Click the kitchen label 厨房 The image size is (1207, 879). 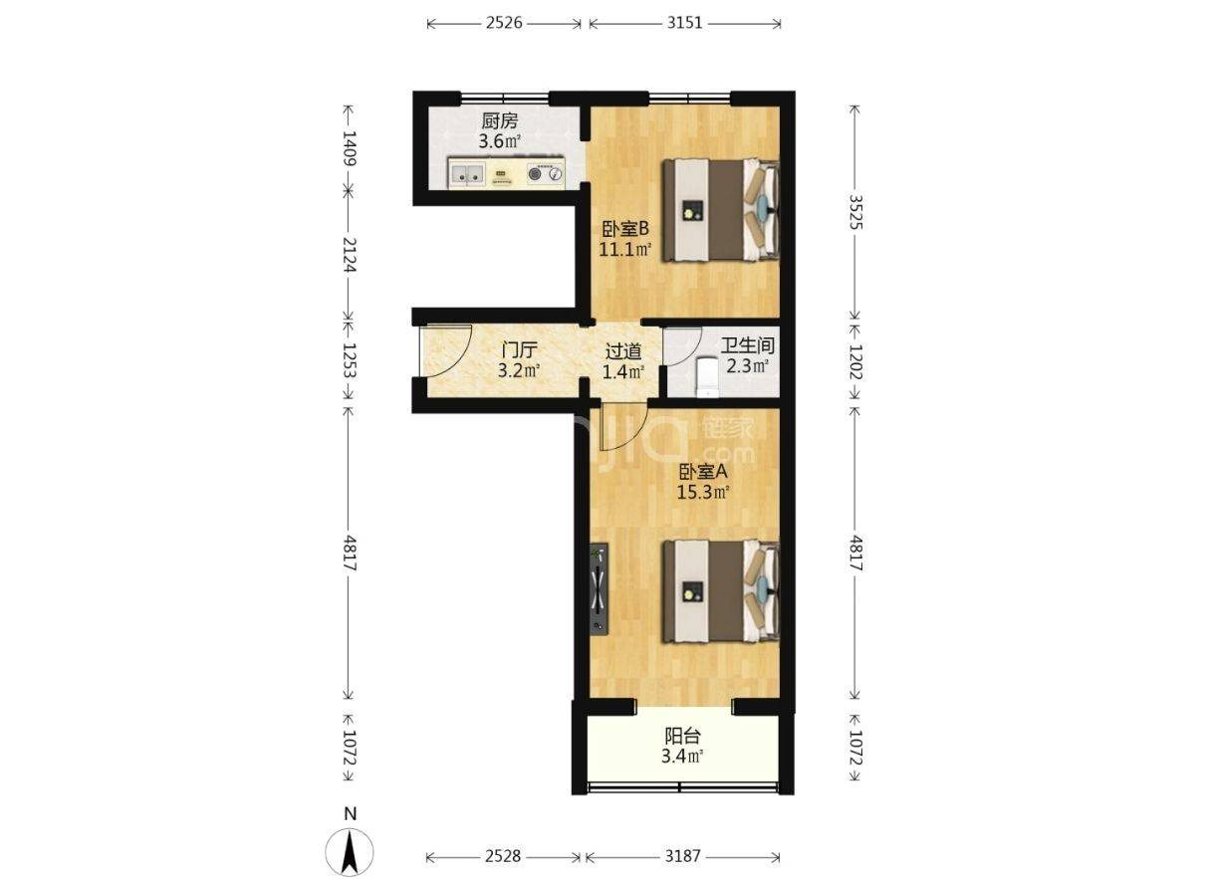[500, 120]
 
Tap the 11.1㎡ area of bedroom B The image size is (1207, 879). [625, 250]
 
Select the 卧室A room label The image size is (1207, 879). [703, 473]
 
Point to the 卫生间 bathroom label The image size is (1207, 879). [747, 345]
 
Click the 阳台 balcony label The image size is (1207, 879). [682, 736]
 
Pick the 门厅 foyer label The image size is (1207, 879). [519, 350]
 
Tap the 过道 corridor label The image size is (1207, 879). [623, 351]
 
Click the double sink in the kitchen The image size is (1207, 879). [91, 174]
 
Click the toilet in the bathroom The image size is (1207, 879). [706, 376]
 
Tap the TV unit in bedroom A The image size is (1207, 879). [599, 589]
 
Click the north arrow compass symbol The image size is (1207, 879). [350, 851]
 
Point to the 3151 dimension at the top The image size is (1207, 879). [684, 23]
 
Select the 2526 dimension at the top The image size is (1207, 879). [504, 23]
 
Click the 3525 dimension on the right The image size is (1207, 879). [855, 212]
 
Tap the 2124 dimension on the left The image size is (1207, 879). [350, 255]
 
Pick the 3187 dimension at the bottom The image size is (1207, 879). [682, 855]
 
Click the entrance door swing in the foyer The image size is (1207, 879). [446, 350]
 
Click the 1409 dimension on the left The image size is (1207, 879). [350, 147]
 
